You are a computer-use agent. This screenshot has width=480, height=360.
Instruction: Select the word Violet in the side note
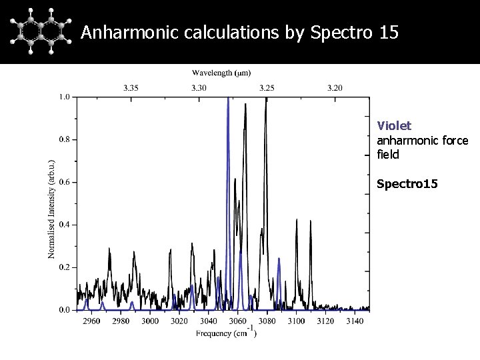(x=394, y=125)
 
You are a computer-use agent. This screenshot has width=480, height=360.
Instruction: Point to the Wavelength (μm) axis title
(x=222, y=72)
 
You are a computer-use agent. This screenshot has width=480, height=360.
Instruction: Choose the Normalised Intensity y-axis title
(x=52, y=209)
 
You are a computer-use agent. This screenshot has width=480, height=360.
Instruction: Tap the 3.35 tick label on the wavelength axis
(x=131, y=87)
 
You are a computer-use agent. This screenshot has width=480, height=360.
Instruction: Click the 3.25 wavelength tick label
(x=267, y=87)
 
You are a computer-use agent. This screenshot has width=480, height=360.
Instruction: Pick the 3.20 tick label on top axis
(x=335, y=87)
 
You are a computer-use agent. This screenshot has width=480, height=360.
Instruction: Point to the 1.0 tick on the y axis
(x=64, y=97)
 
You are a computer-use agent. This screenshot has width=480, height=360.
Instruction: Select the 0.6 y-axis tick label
(x=64, y=182)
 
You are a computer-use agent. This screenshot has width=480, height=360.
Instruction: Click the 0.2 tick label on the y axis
(x=64, y=267)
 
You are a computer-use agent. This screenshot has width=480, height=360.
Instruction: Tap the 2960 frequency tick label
(x=91, y=321)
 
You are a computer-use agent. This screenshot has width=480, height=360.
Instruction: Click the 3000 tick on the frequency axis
(x=150, y=321)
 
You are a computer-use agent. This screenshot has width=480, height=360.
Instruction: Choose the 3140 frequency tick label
(x=354, y=321)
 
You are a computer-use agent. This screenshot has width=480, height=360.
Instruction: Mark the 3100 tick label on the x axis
(x=296, y=321)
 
